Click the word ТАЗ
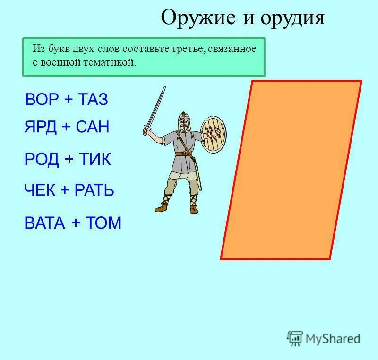coord(93,100)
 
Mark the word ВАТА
coord(44,223)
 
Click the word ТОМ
coord(103,223)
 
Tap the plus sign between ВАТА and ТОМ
coord(76,223)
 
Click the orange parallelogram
coord(291,170)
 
